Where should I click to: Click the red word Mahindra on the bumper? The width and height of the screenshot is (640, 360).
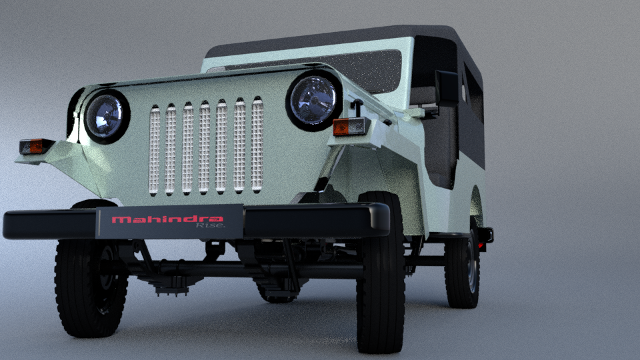[x=167, y=219]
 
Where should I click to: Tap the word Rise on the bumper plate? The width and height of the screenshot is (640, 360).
[x=210, y=225]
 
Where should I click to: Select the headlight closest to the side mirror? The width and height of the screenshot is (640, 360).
[x=313, y=101]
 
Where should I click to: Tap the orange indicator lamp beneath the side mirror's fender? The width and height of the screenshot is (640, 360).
[x=350, y=127]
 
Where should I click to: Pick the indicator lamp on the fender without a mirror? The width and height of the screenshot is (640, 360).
[x=36, y=146]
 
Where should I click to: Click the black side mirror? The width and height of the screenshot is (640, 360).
[x=447, y=89]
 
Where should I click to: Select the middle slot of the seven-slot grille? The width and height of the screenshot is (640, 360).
[x=204, y=147]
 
